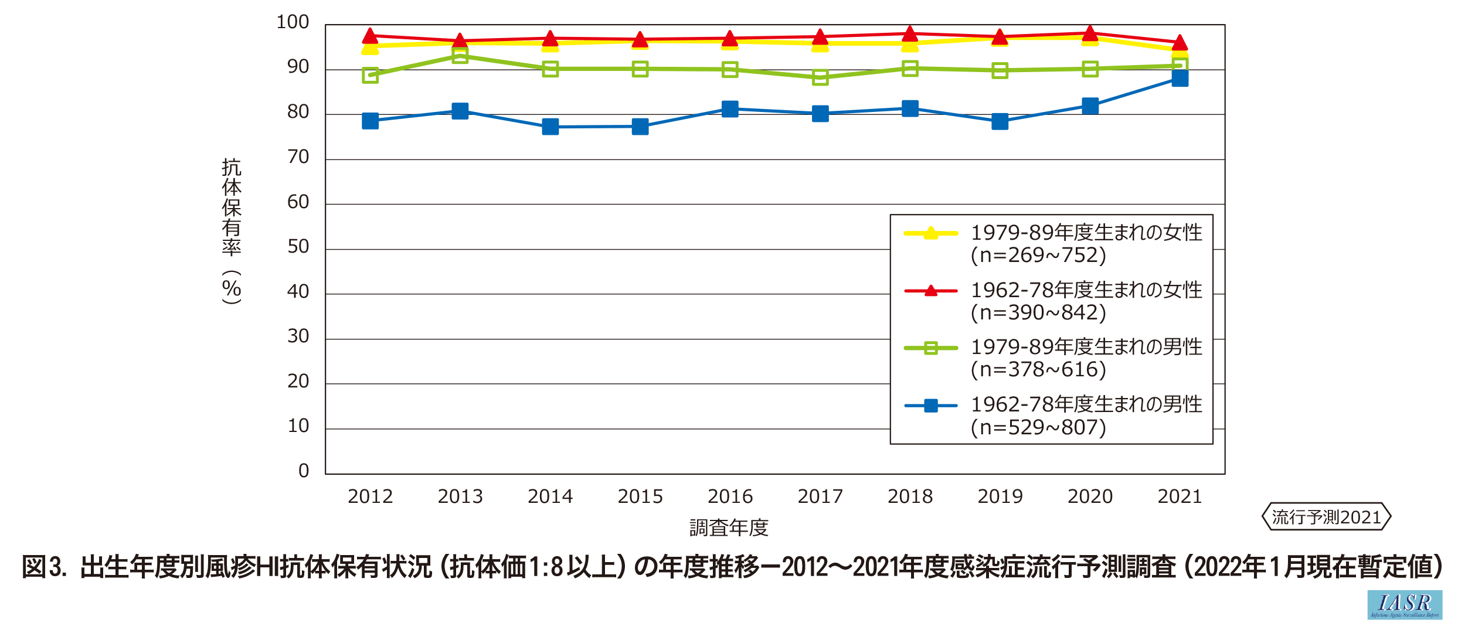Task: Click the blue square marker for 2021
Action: click(1180, 79)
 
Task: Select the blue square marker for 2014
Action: click(550, 127)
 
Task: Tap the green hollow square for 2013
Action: click(460, 56)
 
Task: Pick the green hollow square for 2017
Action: click(820, 77)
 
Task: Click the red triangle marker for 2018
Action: click(910, 34)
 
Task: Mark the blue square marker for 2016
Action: click(730, 109)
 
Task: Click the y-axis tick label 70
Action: click(298, 157)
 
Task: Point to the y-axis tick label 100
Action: click(293, 22)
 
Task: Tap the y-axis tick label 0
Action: click(304, 471)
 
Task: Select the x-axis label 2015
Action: click(640, 497)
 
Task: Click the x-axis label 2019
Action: click(1000, 497)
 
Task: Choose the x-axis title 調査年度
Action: click(729, 528)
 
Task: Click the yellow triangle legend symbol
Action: click(930, 233)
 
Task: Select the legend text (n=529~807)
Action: click(1038, 427)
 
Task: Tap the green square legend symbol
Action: click(930, 348)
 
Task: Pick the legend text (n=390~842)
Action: click(1038, 313)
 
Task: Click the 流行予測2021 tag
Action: click(1326, 517)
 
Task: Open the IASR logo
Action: click(1405, 605)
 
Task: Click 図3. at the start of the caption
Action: click(43, 567)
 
